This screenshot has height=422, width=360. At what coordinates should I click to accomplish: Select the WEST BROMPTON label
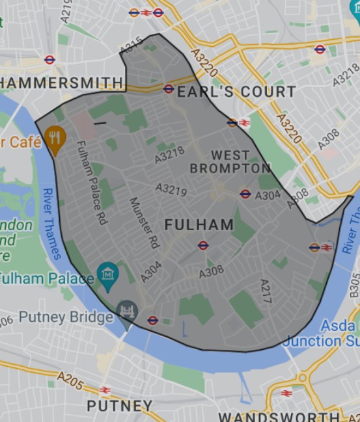[230, 162]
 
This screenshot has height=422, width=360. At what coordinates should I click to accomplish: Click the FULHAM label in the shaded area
[199, 225]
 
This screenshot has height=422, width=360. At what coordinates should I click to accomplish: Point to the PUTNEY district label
[119, 406]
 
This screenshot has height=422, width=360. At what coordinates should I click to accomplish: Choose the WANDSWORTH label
[279, 416]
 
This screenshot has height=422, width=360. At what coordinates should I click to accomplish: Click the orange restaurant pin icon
[55, 138]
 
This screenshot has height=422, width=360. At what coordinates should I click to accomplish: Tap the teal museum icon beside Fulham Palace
[106, 273]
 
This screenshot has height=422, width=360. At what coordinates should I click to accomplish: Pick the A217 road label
[265, 289]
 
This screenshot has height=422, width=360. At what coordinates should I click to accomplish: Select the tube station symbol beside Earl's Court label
[169, 89]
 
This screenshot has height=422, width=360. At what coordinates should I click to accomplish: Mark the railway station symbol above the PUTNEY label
[104, 390]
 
